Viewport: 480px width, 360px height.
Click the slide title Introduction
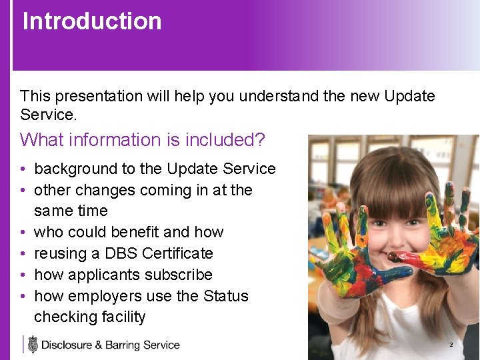92,21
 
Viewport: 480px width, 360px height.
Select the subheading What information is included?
143,140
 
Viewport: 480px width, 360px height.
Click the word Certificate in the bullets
177,253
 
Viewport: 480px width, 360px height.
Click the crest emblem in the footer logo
33,345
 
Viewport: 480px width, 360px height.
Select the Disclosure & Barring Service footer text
111,345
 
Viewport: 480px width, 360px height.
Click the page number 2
451,345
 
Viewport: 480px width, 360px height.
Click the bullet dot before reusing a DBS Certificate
23,253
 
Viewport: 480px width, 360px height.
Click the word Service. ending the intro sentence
49,115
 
